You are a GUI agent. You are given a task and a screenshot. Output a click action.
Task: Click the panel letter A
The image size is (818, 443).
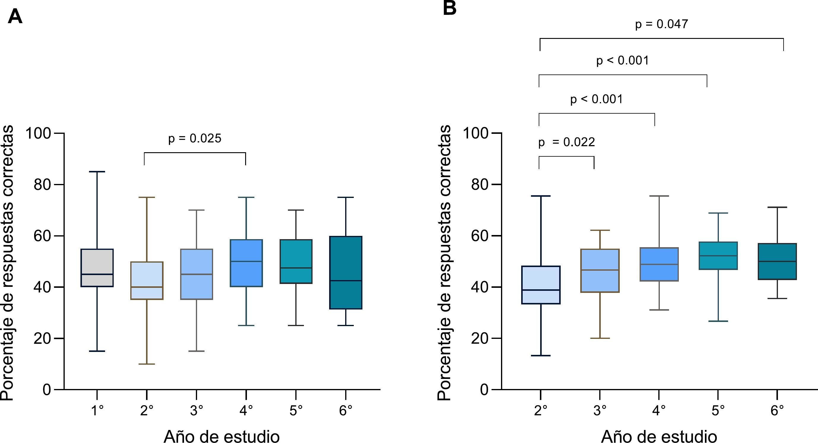pos(15,17)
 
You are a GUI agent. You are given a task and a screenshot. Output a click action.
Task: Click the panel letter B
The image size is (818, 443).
pos(449,8)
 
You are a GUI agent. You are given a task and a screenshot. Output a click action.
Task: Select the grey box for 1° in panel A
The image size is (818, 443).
pos(97,267)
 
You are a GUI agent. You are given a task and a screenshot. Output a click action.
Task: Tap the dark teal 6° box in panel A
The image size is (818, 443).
pos(345,272)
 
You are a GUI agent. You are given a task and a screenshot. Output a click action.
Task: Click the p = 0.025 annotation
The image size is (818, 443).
pos(194,139)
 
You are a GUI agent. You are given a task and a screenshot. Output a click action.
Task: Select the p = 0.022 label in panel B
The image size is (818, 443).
pos(567,142)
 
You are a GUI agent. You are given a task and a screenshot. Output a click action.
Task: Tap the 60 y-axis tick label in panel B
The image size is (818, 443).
pos(480,236)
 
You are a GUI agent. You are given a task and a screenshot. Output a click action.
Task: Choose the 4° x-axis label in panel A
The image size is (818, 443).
pos(246,411)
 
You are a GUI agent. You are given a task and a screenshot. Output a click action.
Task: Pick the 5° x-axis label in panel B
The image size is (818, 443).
pos(718,411)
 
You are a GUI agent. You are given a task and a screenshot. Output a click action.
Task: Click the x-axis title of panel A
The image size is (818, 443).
pos(221,436)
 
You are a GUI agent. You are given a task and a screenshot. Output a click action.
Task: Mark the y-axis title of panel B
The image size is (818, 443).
pos(444,262)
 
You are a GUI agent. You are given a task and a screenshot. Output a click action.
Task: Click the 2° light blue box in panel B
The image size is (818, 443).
pos(540,285)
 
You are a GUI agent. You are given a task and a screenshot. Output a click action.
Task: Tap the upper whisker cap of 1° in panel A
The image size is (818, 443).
pos(97,172)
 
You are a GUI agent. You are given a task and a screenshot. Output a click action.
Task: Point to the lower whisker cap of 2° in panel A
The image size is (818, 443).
pos(147,364)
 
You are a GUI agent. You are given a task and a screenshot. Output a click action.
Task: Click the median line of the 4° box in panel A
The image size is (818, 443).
pos(246,261)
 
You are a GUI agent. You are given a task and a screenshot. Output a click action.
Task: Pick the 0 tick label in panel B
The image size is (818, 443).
pos(484,389)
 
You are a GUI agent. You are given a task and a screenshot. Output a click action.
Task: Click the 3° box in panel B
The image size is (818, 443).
pos(600,270)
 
